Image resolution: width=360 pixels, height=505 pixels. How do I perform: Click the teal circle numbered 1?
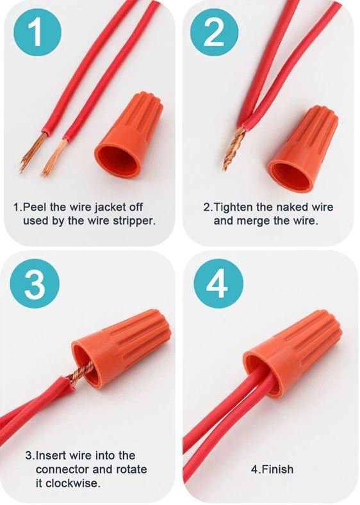point(37,33)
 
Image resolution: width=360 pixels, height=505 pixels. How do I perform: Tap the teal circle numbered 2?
point(214,33)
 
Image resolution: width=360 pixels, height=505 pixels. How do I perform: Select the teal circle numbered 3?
point(35,284)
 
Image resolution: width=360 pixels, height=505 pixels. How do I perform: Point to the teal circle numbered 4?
point(218,284)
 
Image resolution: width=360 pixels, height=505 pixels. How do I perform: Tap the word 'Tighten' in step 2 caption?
point(233,207)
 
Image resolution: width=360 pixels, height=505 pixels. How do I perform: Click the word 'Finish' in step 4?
point(277,469)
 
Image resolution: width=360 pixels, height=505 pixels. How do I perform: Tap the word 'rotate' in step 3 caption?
point(131,469)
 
